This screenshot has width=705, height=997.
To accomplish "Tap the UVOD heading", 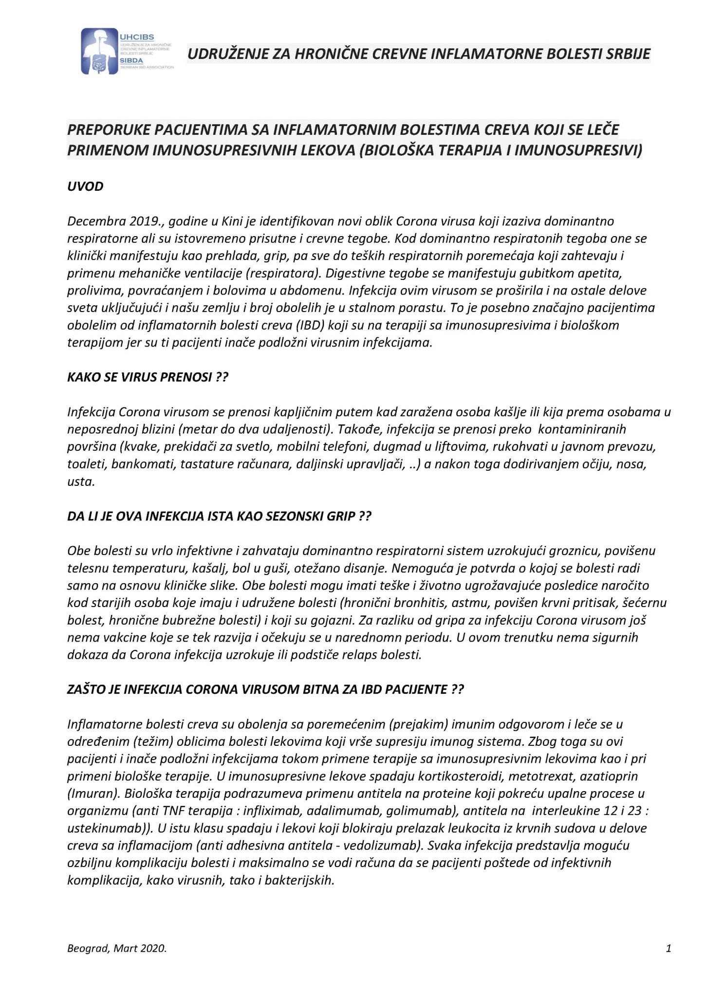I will pyautogui.click(x=85, y=186).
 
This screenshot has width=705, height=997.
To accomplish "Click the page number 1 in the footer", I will pyautogui.click(x=668, y=947).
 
